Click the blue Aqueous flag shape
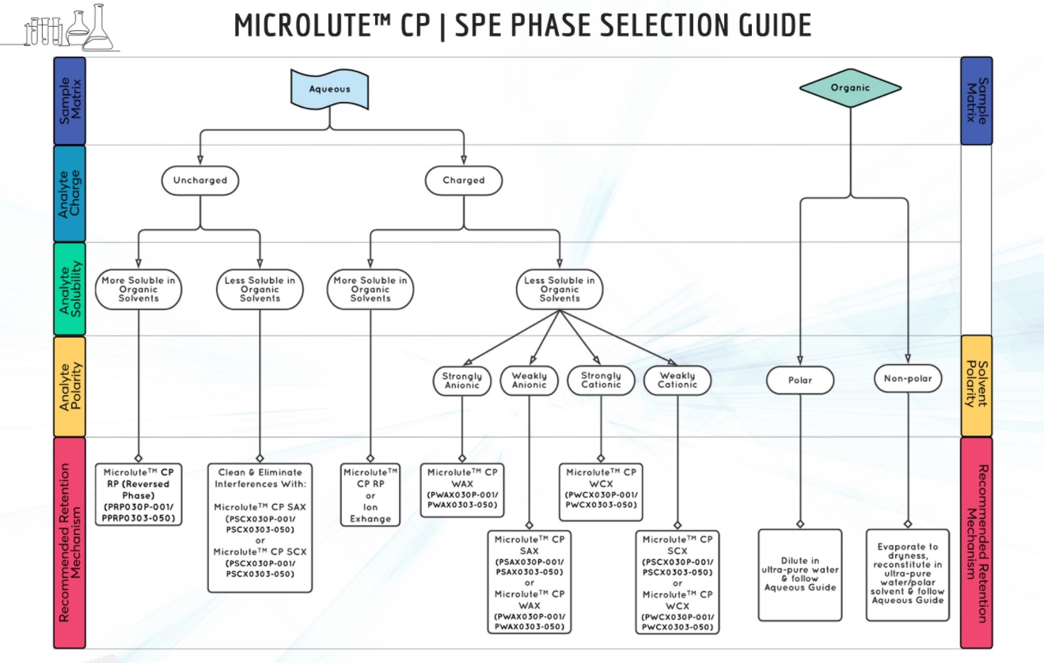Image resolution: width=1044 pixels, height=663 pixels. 329,89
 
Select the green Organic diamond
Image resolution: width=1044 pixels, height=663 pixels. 850,88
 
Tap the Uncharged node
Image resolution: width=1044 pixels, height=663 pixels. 199,180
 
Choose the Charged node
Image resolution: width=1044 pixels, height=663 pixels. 463,180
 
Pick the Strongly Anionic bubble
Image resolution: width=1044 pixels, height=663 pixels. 461,381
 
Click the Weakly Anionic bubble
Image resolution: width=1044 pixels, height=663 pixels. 529,381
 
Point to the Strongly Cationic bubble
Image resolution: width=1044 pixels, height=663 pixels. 600,381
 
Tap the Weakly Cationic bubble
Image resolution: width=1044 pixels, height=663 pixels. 677,381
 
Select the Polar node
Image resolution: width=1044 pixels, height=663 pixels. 800,381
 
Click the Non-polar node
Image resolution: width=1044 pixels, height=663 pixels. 908,379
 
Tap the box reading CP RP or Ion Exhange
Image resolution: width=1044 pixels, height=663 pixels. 370,495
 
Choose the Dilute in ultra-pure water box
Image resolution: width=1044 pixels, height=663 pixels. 800,575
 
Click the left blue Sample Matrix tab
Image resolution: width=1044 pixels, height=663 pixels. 69,100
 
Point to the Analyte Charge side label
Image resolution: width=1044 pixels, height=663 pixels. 69,193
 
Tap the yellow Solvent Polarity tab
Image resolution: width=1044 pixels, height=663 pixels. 976,386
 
